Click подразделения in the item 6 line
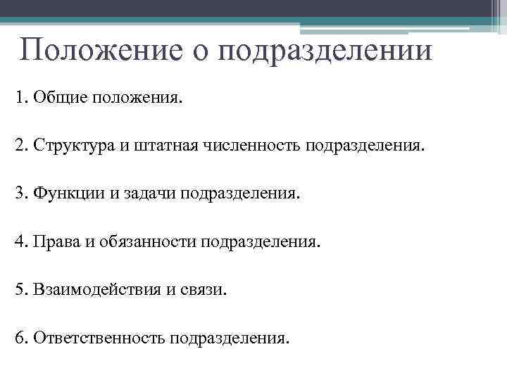coord(228,338)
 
